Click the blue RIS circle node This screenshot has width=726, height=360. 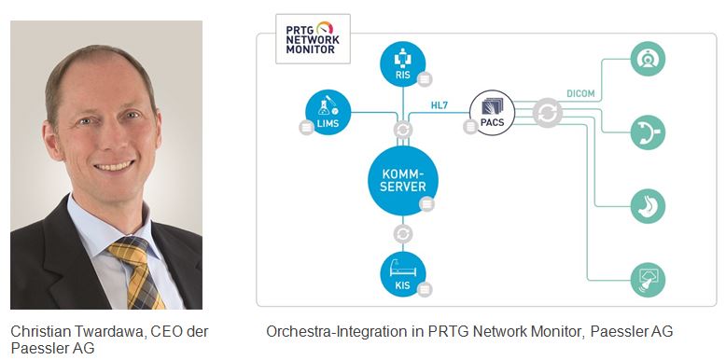403,63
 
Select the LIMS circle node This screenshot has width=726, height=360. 328,113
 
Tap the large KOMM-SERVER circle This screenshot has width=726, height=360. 403,181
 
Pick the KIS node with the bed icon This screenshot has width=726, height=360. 403,274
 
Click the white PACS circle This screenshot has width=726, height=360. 492,113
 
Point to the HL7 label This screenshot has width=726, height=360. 440,105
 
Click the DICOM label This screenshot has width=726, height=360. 580,93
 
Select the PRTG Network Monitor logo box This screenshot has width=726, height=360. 313,39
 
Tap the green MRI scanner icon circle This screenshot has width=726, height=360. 648,59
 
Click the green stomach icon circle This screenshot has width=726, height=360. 648,206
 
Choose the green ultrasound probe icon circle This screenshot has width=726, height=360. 648,280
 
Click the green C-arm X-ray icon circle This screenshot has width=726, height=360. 648,132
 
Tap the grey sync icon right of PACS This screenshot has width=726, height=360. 547,113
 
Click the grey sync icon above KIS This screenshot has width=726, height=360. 403,234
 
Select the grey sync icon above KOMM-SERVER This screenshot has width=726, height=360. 403,130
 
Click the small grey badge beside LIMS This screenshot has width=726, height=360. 306,127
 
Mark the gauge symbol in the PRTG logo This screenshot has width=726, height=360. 325,27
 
